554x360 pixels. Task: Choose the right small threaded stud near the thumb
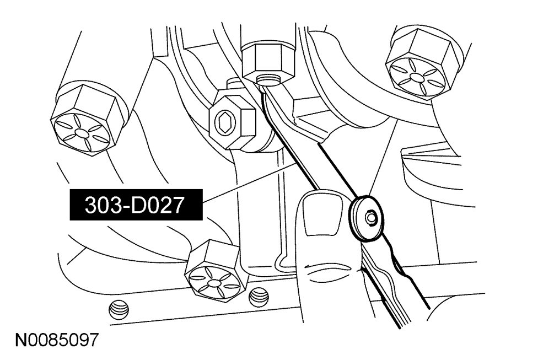[x=257, y=297]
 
